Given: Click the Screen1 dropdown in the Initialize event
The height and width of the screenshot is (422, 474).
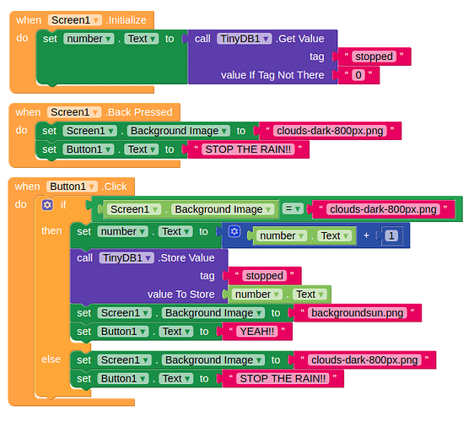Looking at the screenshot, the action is tap(75, 20).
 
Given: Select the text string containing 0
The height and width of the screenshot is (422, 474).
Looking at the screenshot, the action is tap(358, 75).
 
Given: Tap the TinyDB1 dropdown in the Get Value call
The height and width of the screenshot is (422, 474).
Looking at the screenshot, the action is tap(245, 39).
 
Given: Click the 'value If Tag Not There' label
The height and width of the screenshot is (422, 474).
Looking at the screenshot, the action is tap(272, 75).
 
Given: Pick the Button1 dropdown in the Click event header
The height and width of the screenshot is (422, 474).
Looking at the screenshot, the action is tap(72, 187).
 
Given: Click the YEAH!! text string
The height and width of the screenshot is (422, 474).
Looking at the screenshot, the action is tap(257, 332).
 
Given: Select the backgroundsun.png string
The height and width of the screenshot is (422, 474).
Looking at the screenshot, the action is tap(358, 313).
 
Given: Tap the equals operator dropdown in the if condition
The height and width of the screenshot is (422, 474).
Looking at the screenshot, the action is tap(293, 208).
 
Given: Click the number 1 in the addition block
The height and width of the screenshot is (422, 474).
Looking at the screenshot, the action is tap(391, 235).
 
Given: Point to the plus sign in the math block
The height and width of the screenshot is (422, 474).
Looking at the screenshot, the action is tap(366, 235).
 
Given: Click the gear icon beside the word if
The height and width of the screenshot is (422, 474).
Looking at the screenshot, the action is tap(47, 205).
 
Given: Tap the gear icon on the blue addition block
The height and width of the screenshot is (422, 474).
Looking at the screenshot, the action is tap(234, 232).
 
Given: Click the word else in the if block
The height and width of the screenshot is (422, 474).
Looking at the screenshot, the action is tap(51, 360).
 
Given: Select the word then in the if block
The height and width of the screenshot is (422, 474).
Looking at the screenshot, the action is tap(51, 230).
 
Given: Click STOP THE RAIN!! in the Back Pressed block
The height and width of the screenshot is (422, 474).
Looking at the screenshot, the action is tap(248, 149).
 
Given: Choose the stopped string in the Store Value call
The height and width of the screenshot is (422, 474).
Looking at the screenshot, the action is tap(265, 276).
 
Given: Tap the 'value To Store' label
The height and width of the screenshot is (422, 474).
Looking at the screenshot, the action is tap(180, 295).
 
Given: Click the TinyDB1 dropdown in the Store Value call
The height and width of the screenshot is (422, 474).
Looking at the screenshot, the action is tap(127, 258).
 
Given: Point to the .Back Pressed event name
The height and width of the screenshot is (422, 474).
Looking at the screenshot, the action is tap(139, 112).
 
